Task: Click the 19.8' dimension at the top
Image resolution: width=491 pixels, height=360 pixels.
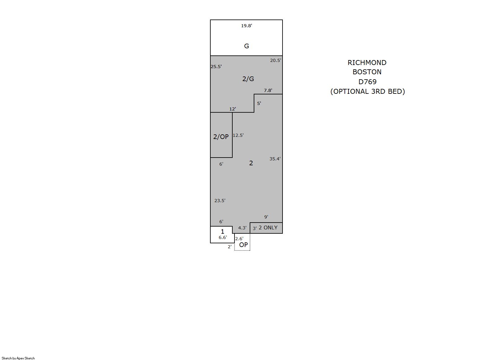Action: (247, 26)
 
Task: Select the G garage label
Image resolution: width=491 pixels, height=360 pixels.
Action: (247, 46)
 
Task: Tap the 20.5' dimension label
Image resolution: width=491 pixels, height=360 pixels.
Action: (275, 60)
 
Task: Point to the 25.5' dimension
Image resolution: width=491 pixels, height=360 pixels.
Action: (216, 67)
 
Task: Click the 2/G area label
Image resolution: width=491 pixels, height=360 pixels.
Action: (248, 79)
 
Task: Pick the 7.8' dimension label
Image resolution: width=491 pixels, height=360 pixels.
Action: (268, 90)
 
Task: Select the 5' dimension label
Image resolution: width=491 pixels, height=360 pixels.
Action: (259, 103)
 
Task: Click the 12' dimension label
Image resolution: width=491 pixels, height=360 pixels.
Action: (233, 109)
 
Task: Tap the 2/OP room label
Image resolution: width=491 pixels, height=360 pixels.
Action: (221, 137)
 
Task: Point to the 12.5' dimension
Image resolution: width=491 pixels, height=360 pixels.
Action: (238, 135)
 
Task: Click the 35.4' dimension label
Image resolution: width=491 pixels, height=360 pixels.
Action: (275, 159)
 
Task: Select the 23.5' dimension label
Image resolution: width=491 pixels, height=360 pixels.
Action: (220, 201)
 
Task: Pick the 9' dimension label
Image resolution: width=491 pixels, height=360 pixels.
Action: (266, 217)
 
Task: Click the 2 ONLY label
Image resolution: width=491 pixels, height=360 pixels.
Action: (268, 228)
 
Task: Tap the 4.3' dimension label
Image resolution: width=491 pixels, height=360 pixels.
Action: (242, 228)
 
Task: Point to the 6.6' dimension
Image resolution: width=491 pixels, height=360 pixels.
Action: (223, 237)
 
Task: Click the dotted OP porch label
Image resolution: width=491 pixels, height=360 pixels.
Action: (243, 245)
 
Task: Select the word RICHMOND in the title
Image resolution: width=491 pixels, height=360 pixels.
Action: (367, 63)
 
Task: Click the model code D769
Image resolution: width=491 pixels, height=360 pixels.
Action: (367, 82)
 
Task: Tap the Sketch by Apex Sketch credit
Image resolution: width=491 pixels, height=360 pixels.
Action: (18, 358)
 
